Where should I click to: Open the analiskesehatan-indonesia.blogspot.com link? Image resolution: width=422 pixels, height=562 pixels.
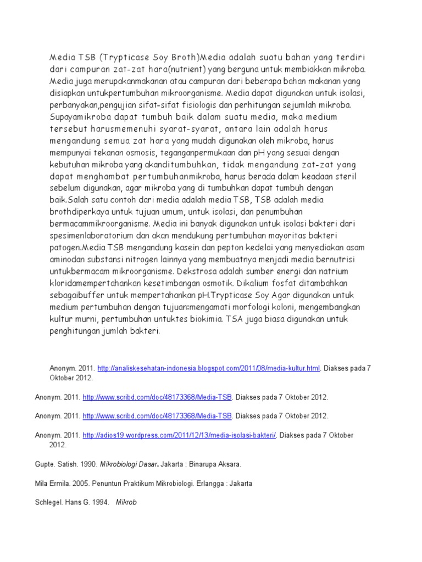tap(201, 368)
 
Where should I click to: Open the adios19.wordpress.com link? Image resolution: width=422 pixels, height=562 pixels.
tap(179, 435)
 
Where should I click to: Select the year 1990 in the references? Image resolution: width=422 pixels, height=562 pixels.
tap(88, 464)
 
